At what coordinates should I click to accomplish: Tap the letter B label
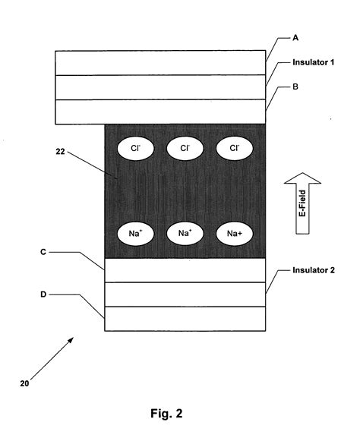point(296,87)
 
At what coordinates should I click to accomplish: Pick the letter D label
point(43,287)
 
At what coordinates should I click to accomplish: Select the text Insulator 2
point(314,269)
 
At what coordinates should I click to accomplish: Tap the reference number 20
point(24,383)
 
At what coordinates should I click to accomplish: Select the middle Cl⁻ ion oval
point(185,149)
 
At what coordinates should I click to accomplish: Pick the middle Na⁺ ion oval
point(185,233)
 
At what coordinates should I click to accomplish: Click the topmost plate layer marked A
point(160,63)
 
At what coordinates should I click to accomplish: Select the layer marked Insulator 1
point(160,87)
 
